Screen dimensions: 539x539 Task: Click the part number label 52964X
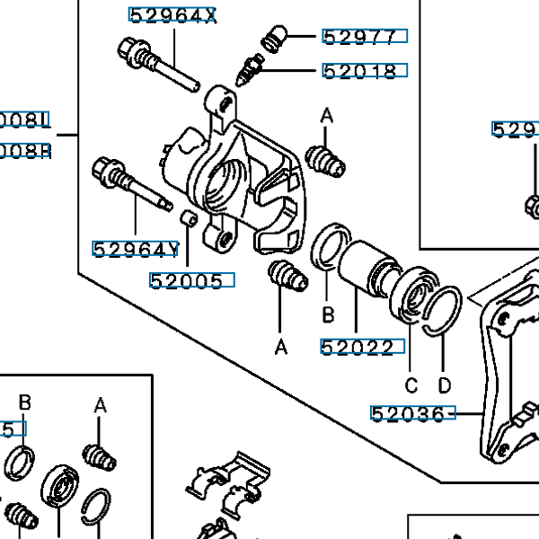172,15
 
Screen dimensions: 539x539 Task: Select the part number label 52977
364,37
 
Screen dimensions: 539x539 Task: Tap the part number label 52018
364,71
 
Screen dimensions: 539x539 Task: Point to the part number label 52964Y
136,249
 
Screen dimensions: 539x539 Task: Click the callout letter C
411,386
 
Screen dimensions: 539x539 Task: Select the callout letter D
444,386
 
